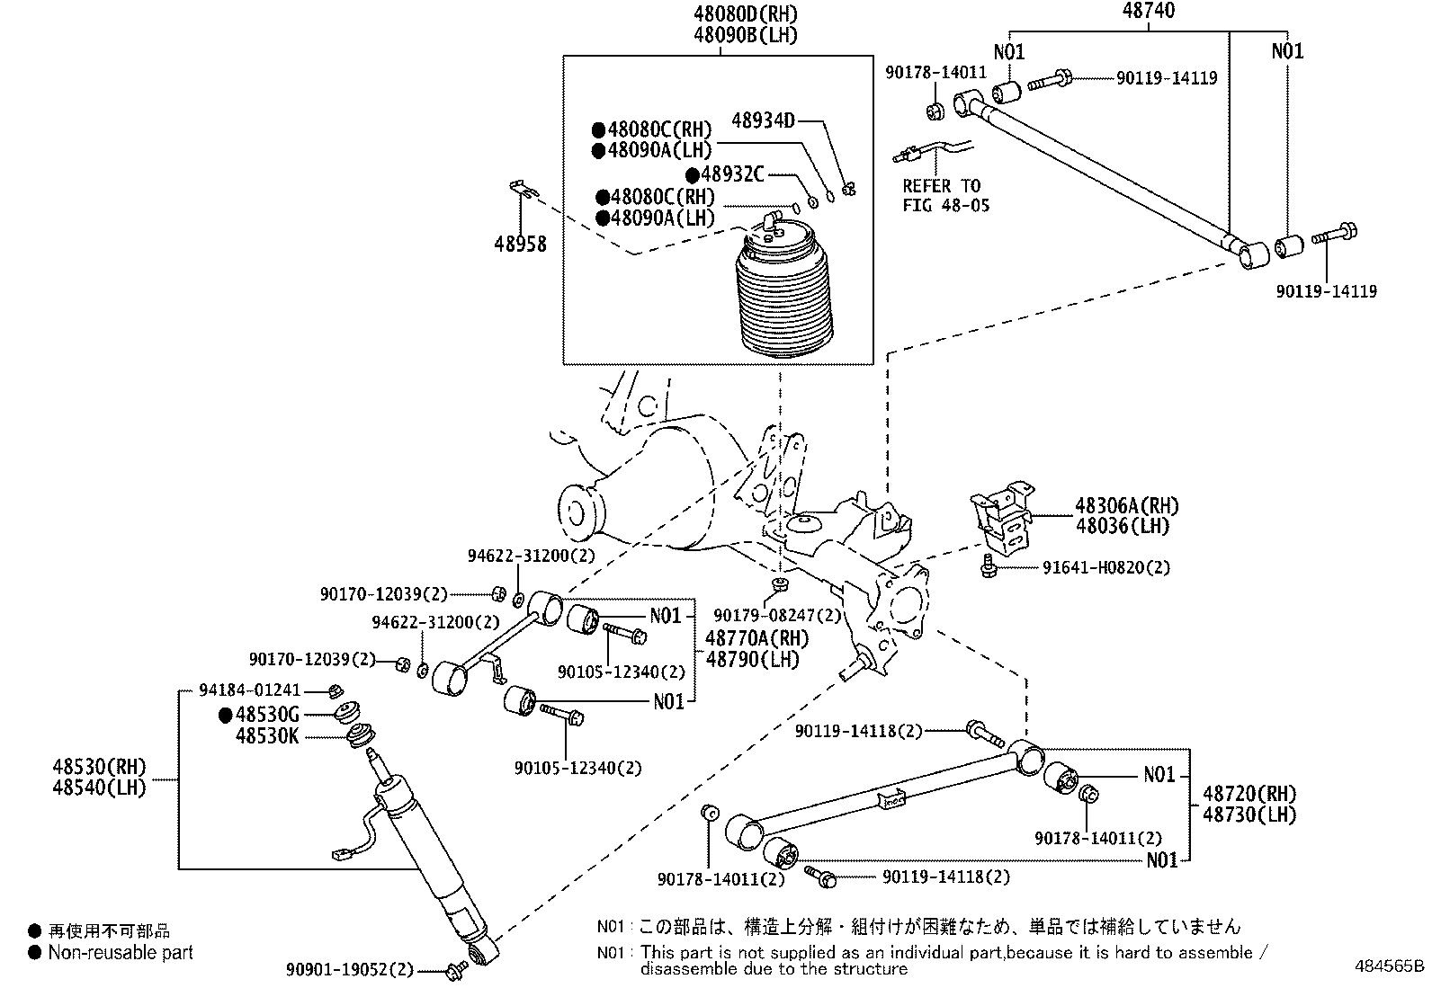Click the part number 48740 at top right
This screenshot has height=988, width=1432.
point(1149,12)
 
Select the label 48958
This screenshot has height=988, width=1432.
point(520,243)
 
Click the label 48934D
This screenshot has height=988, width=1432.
point(763,120)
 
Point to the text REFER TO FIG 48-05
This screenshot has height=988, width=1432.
point(945,195)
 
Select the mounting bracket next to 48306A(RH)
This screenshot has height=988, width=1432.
point(1002,521)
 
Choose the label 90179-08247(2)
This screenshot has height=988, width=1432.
point(777,616)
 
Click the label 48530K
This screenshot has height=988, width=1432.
point(267,736)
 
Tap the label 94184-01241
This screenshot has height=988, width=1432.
point(250,691)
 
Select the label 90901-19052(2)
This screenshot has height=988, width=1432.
point(350,969)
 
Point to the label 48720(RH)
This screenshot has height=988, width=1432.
point(1249,794)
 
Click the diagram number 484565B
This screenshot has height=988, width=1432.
point(1390,967)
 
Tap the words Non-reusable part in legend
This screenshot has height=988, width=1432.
point(121,952)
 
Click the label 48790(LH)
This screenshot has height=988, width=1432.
point(753,658)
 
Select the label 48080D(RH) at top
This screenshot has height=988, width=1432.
point(746,14)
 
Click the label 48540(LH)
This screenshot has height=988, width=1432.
point(99,788)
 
